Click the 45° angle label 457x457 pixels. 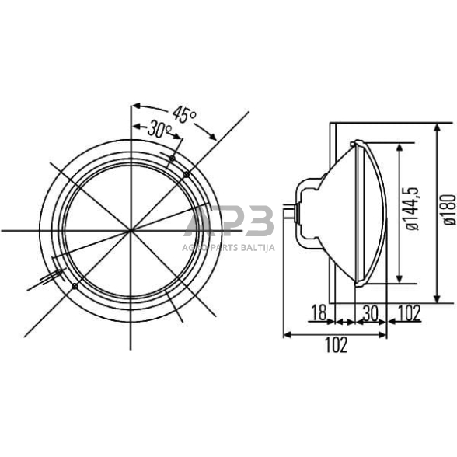point(186,116)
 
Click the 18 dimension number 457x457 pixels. point(319,313)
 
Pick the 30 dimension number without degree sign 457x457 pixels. point(370,313)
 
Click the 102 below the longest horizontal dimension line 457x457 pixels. point(335,345)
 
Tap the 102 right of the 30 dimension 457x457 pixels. point(408,313)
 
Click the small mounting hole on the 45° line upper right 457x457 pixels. point(187,175)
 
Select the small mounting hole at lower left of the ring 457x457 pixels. point(74,287)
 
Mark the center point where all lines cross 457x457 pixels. point(131,231)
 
